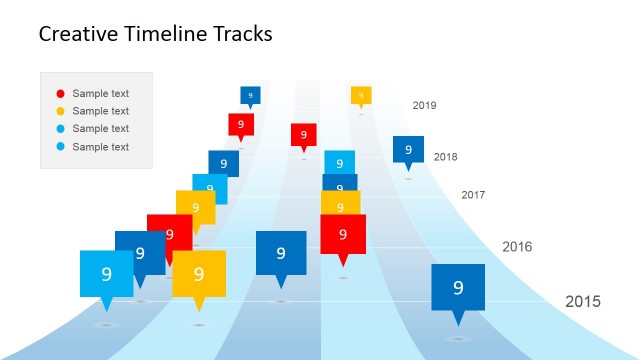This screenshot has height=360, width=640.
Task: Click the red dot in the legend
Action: coord(60,94)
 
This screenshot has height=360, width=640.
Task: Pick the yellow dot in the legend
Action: coord(60,111)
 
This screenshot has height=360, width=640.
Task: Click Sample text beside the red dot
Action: coord(101,94)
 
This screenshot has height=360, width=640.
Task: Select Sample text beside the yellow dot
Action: coord(101,111)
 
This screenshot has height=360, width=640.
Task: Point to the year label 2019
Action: coord(424,105)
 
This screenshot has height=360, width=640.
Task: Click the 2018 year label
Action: coord(445,157)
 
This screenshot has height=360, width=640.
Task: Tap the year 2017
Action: coord(473,195)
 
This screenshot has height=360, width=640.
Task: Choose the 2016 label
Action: coord(517,247)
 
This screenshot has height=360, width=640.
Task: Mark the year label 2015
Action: coord(583,302)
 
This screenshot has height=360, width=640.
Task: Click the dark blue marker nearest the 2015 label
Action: coord(458,288)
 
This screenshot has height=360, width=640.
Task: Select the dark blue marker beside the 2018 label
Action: coord(408,149)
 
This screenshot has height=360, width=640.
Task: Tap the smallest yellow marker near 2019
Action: coord(361,95)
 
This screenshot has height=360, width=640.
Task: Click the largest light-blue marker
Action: coord(106,273)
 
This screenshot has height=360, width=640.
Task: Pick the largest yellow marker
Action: coord(198,274)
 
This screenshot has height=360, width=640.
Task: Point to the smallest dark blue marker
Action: coord(250,95)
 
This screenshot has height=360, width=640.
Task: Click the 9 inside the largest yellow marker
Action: coord(198,274)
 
